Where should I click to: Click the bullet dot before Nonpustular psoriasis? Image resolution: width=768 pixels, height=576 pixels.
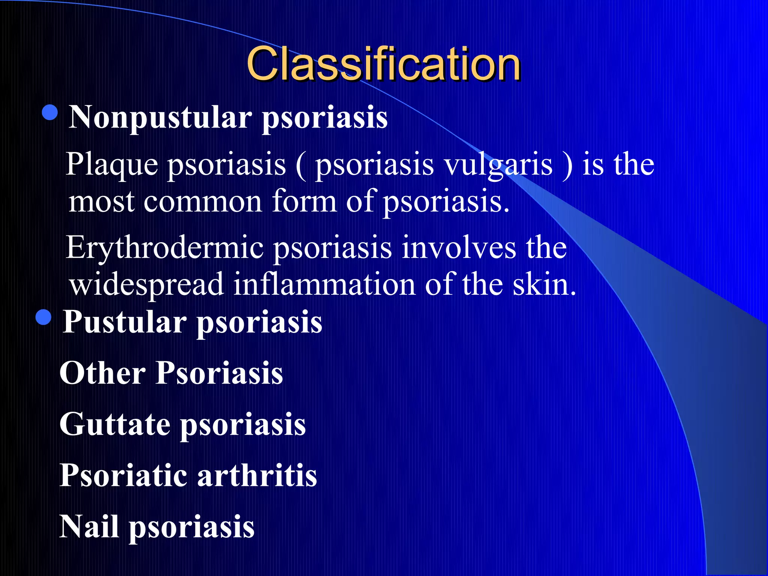click(50, 112)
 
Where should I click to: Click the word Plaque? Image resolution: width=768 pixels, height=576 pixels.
click(112, 165)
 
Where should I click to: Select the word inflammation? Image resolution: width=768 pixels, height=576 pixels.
click(324, 284)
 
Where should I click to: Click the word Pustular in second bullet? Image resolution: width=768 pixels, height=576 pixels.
click(124, 322)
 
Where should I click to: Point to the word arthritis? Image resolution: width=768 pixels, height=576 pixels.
click(257, 475)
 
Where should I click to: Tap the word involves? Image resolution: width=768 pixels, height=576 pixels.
click(459, 248)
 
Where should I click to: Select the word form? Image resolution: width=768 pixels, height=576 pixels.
click(304, 202)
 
